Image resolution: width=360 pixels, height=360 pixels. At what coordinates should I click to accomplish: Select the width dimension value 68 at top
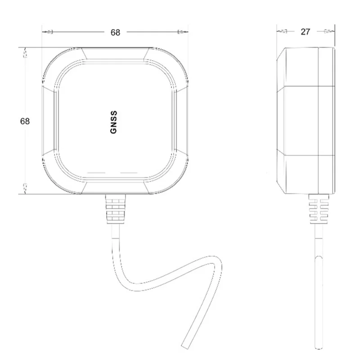tap(115, 32)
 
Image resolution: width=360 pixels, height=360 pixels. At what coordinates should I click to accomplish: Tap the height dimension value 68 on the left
tap(25, 121)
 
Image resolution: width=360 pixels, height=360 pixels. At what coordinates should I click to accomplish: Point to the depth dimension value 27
tap(306, 31)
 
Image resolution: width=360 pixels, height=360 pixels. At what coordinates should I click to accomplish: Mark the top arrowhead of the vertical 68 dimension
tap(25, 53)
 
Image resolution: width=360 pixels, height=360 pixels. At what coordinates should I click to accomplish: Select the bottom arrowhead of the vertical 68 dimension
tap(25, 187)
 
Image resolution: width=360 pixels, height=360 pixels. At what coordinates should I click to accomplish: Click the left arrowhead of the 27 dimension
tap(282, 31)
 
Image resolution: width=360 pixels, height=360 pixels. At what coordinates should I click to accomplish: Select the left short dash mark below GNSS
tap(96, 173)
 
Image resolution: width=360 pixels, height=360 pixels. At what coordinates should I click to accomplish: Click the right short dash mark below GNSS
tap(129, 173)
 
